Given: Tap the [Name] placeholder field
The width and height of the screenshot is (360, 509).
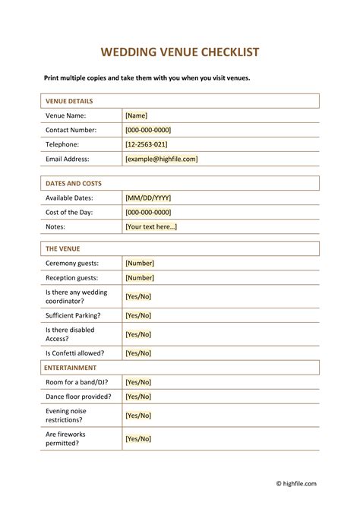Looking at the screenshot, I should pyautogui.click(x=137, y=115).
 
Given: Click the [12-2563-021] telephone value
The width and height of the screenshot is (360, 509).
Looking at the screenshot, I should pyautogui.click(x=146, y=144).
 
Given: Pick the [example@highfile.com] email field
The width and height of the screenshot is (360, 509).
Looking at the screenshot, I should pyautogui.click(x=161, y=159).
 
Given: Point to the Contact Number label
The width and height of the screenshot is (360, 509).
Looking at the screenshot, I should pyautogui.click(x=72, y=130).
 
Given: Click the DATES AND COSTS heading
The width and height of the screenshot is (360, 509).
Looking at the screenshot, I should pyautogui.click(x=74, y=183).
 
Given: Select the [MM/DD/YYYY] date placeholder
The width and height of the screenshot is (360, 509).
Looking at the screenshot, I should pyautogui.click(x=150, y=198).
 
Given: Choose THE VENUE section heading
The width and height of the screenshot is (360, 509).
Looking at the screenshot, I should pyautogui.click(x=63, y=248).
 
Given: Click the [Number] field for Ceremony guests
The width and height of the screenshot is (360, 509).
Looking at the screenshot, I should pyautogui.click(x=140, y=263).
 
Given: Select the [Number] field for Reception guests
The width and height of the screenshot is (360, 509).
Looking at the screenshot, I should pyautogui.click(x=140, y=278).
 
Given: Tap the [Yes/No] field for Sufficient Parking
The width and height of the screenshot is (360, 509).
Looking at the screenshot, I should pyautogui.click(x=138, y=315).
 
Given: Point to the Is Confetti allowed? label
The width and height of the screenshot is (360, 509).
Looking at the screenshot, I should pyautogui.click(x=75, y=353).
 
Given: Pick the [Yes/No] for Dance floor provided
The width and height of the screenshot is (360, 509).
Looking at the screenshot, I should pyautogui.click(x=138, y=397).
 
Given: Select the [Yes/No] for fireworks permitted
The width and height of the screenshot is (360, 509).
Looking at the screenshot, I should pyautogui.click(x=138, y=439).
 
